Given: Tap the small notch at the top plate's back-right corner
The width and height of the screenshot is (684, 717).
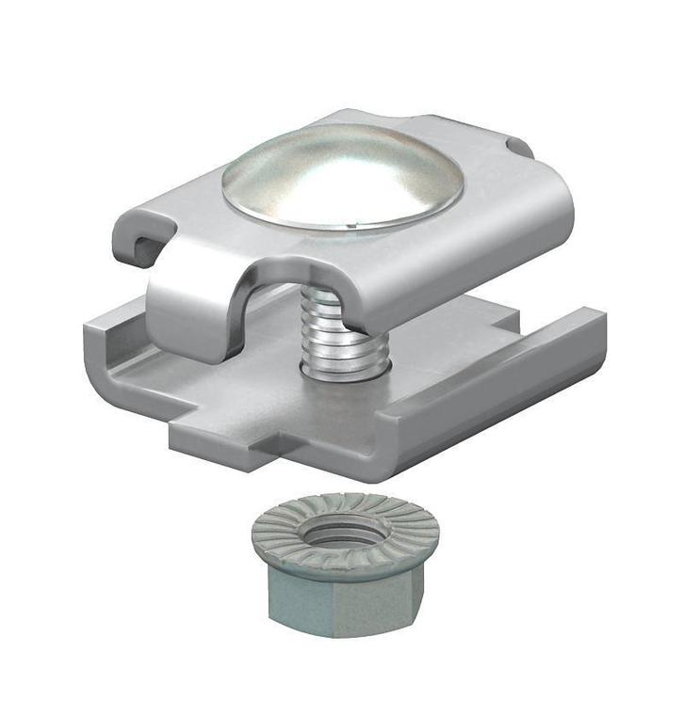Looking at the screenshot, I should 517,146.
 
